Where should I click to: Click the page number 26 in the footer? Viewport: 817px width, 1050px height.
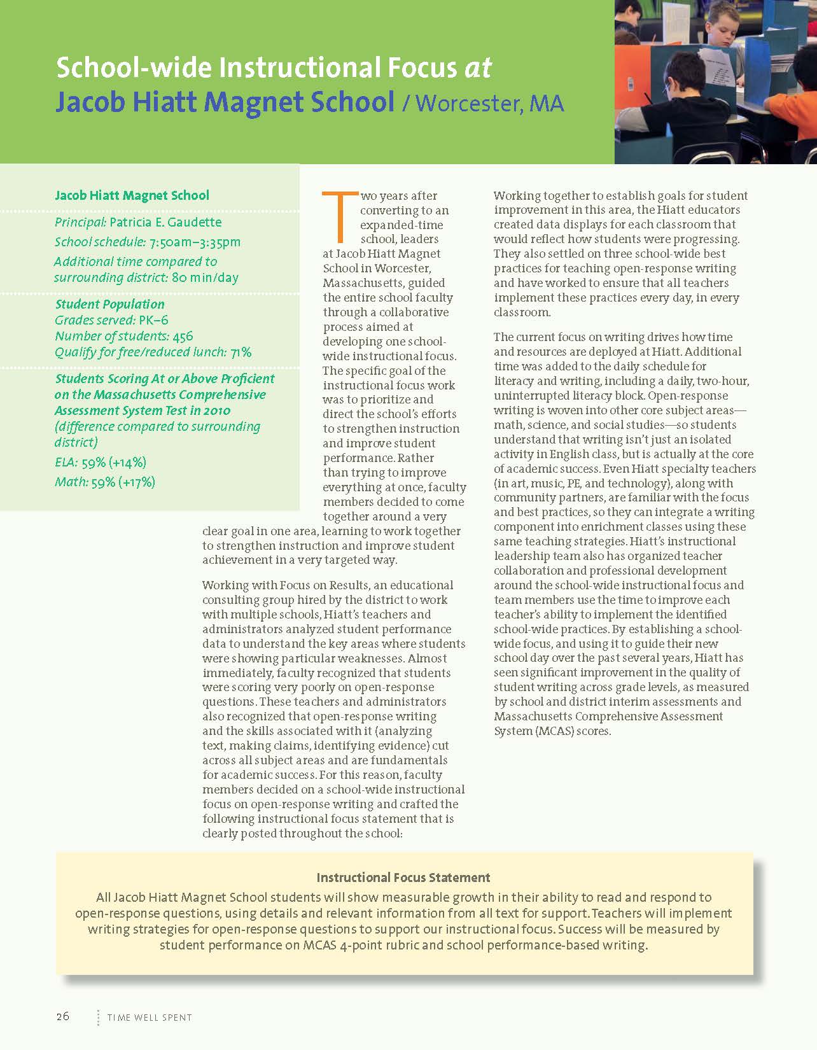click(62, 1016)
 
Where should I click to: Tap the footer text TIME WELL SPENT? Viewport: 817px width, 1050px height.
click(150, 1018)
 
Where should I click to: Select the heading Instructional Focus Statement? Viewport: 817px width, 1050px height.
click(403, 878)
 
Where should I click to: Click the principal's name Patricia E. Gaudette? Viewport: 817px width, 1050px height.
click(165, 222)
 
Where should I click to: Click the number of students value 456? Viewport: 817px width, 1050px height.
click(183, 336)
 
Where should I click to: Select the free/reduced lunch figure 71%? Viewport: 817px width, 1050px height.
click(241, 352)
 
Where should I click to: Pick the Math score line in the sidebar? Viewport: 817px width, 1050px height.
click(105, 482)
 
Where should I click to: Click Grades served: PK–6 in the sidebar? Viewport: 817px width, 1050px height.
click(111, 320)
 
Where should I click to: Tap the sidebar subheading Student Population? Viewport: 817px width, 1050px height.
click(109, 304)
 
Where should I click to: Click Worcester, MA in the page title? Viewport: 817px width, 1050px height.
click(490, 103)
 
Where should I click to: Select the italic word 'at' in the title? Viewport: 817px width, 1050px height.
click(478, 67)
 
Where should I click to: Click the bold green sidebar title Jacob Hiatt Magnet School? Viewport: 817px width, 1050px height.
click(132, 195)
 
